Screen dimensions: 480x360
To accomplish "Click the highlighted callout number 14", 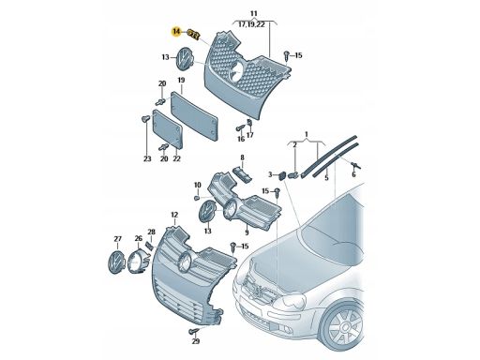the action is coord(176,32).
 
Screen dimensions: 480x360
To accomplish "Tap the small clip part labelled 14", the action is coord(194,34).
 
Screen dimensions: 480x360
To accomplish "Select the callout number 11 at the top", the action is coord(254,13).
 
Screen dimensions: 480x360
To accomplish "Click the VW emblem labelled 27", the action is coord(115,262).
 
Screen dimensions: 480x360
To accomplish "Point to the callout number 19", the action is coord(181,81).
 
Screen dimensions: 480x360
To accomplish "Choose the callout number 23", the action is coord(147,159).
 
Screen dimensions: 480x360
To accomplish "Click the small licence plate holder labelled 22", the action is coord(167,128).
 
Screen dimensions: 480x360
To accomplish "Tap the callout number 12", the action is coord(174,215).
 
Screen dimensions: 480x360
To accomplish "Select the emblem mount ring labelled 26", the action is coord(137,262).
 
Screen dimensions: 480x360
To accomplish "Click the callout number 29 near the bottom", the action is coord(196,341).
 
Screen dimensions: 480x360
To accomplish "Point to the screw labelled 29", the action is coord(194,330).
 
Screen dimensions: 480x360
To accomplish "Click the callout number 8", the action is coord(242,157).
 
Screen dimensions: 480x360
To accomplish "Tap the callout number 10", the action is coord(198,186).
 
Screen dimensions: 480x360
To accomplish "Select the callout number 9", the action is coord(247,232).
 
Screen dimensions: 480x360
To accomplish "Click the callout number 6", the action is coord(353,174).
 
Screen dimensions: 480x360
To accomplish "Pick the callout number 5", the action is coord(326,178).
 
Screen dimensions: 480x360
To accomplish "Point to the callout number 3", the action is coord(270,174).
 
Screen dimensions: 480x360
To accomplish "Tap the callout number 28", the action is coord(151,232).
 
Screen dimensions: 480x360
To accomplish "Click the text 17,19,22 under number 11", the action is coord(252,24).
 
